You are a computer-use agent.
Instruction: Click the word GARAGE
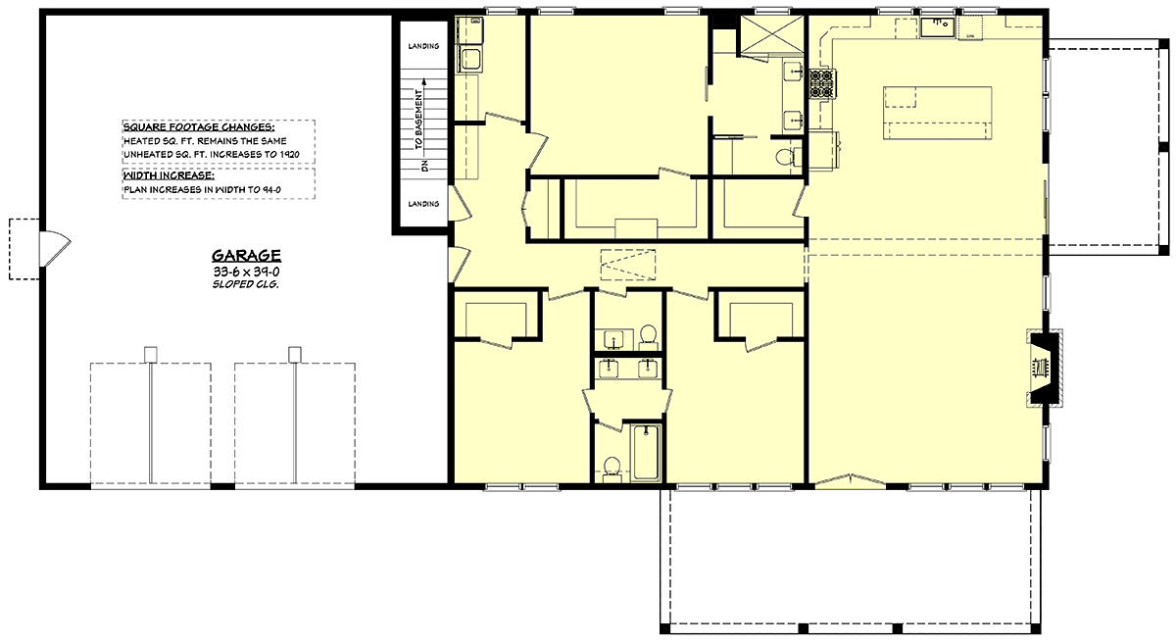246,256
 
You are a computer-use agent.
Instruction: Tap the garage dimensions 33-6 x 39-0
246,272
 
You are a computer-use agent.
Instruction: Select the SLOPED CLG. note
245,284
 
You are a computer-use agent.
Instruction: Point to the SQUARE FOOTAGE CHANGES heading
199,127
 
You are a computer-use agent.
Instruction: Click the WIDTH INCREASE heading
169,175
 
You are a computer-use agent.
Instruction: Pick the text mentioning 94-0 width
202,189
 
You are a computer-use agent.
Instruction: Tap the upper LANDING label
423,46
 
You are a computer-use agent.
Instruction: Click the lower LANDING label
423,204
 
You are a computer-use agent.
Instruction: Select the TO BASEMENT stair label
418,120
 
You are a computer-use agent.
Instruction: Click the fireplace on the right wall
1045,368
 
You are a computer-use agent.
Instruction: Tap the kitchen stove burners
822,84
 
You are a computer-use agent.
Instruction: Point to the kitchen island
938,113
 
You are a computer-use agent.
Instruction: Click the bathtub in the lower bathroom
646,453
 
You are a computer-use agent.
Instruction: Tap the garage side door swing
55,249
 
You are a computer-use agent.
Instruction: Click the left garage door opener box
151,354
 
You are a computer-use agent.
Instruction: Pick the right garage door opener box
295,354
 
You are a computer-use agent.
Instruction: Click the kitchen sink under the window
938,27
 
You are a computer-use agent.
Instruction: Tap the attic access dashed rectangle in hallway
628,265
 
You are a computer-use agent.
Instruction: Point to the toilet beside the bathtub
612,470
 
